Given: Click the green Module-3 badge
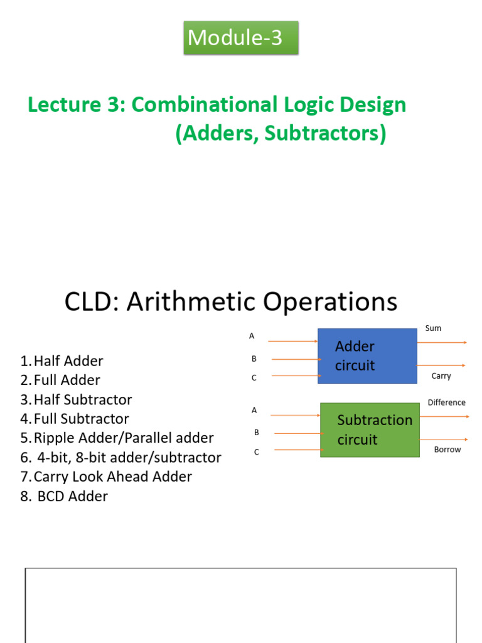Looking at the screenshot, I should [x=240, y=38].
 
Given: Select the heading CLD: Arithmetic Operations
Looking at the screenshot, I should [x=230, y=302].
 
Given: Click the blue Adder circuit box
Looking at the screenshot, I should [x=367, y=356].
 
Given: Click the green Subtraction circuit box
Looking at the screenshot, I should [x=370, y=430].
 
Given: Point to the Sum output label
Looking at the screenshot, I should [x=433, y=328].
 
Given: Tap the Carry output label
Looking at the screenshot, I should [x=441, y=376].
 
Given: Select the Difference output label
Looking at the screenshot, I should [x=446, y=403].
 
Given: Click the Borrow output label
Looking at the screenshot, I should [x=447, y=450].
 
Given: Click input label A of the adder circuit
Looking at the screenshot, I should [x=252, y=336].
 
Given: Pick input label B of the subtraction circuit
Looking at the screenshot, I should [x=256, y=432].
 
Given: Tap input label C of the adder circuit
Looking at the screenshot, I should [x=254, y=378].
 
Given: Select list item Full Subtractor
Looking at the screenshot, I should [x=81, y=419].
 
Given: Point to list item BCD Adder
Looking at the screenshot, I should [x=72, y=496].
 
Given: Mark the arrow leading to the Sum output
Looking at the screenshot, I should [x=442, y=342].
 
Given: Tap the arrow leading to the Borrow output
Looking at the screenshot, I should [x=444, y=440].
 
